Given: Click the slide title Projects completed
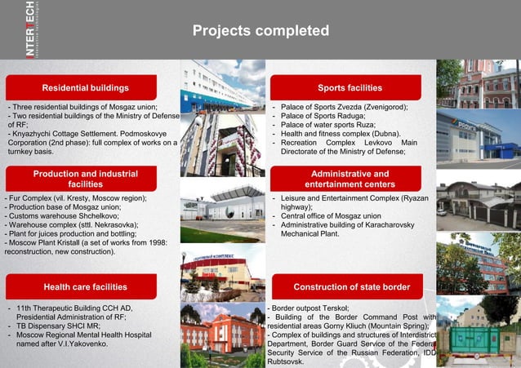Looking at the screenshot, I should coord(260,31).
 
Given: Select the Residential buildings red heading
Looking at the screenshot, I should coord(86,87).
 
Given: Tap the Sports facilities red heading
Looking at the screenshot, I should coord(350,87).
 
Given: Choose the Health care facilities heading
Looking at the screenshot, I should coord(86,286).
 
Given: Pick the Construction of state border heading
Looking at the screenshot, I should coord(352,286).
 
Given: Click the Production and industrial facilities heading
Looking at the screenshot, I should coord(86,179).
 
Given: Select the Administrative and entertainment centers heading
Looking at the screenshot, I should coord(350,179).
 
